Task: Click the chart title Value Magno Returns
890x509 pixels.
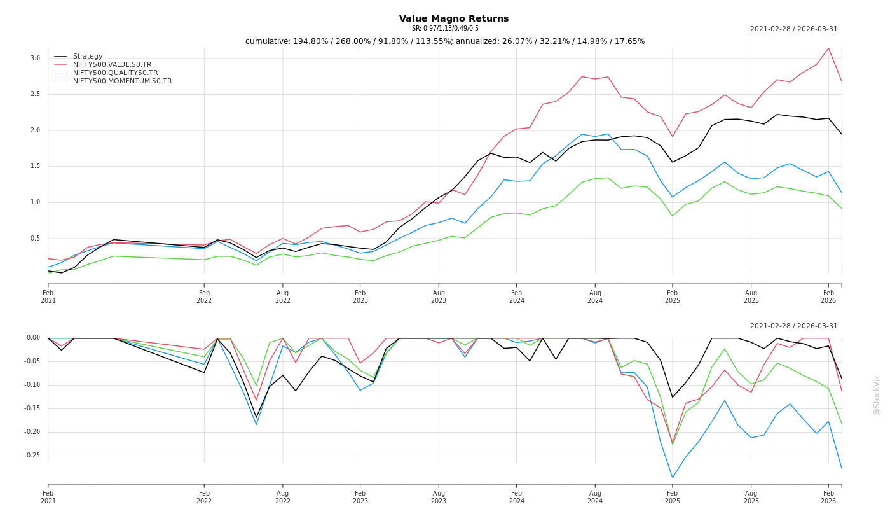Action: coord(454,19)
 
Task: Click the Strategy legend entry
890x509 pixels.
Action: coord(88,57)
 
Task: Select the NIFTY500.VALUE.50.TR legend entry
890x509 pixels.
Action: coord(112,65)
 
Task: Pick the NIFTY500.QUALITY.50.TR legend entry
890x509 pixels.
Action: coord(115,73)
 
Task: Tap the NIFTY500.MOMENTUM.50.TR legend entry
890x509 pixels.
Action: coord(122,81)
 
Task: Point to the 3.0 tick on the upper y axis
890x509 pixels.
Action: coord(35,59)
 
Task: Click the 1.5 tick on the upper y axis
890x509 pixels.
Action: coord(35,166)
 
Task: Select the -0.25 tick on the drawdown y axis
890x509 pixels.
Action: coord(32,456)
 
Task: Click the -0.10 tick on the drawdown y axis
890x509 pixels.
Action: coord(32,385)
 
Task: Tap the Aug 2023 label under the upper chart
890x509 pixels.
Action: coord(439,296)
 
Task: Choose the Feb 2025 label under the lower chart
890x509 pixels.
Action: coord(673,497)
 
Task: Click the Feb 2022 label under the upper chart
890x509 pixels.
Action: coord(204,296)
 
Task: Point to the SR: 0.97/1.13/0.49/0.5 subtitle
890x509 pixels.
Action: coord(445,29)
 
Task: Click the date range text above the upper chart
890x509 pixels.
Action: coord(793,29)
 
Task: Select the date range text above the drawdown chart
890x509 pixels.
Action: coord(793,326)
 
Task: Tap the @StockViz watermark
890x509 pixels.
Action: coord(877,395)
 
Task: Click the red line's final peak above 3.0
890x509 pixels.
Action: coord(828,48)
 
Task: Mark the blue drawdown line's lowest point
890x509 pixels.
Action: coord(673,477)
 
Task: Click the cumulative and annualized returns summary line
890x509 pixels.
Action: coord(445,41)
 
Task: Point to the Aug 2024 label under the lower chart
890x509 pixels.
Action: coord(595,497)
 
